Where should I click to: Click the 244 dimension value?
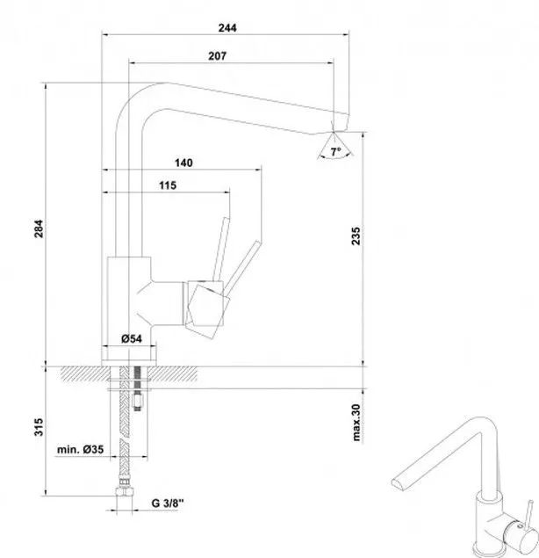[227, 28]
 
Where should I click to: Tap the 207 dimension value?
[217, 56]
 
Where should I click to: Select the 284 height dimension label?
[39, 228]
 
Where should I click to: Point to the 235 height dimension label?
[356, 236]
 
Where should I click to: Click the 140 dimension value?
[183, 163]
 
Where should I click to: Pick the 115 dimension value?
[168, 185]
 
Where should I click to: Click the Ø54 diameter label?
[131, 339]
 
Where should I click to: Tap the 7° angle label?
[335, 152]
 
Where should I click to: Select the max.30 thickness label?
[356, 423]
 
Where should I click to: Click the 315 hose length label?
[39, 427]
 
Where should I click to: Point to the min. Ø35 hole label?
[81, 449]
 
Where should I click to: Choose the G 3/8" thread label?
[168, 504]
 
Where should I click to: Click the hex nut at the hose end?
[125, 491]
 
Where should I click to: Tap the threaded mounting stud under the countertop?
[137, 388]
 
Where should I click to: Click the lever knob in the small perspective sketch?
[531, 503]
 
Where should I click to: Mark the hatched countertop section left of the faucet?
[85, 373]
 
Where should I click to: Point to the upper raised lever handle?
[221, 249]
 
